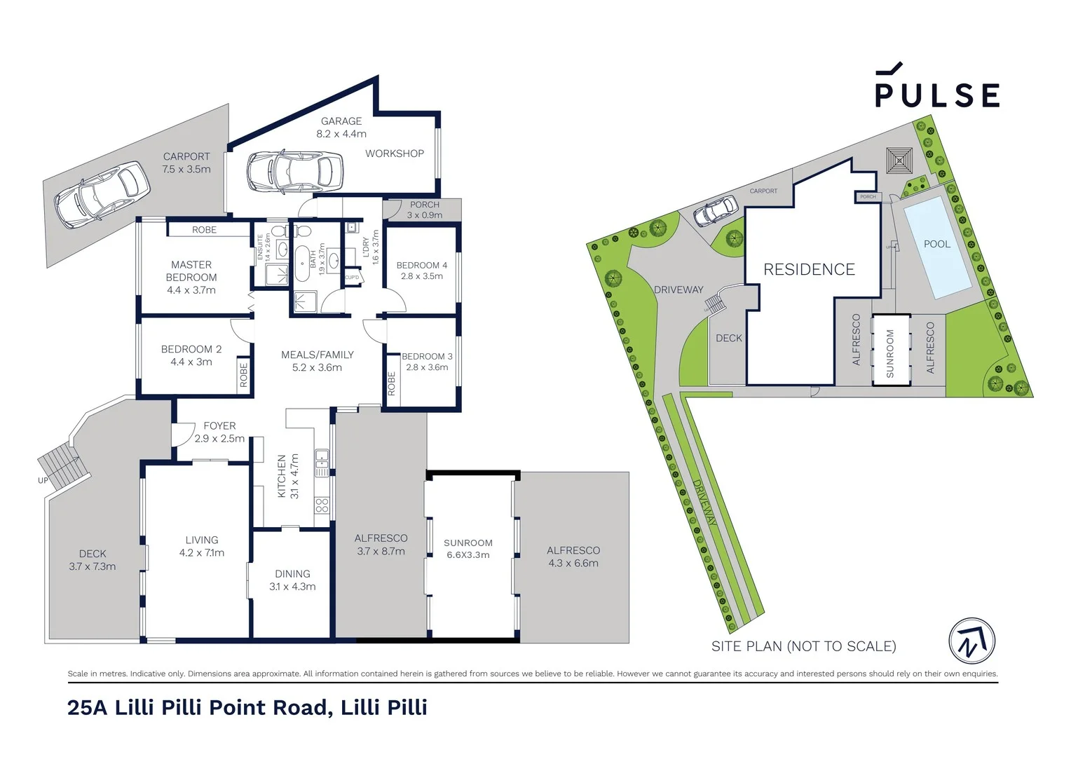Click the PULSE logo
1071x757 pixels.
pos(936,87)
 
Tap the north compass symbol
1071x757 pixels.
pos(971,641)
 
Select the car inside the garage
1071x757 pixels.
pos(294,171)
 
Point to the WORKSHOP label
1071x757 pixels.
pos(394,154)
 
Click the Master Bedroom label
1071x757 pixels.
pos(191,271)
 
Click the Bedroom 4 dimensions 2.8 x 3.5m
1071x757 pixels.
pos(421,276)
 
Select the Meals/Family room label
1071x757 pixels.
pos(317,355)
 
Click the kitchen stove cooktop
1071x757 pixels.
pos(322,505)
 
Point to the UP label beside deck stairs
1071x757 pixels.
pos(43,481)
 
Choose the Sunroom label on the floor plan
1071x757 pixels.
pos(468,543)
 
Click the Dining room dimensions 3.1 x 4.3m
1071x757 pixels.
pos(292,587)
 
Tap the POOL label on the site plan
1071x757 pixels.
pos(936,244)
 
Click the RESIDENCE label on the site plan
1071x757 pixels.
pos(809,270)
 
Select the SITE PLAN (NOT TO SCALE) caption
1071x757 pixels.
pos(803,646)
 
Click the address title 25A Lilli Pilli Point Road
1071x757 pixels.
pos(247,707)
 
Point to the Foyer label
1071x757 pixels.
pos(219,425)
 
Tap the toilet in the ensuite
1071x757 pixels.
pos(278,231)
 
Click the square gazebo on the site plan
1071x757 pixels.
pos(899,161)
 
